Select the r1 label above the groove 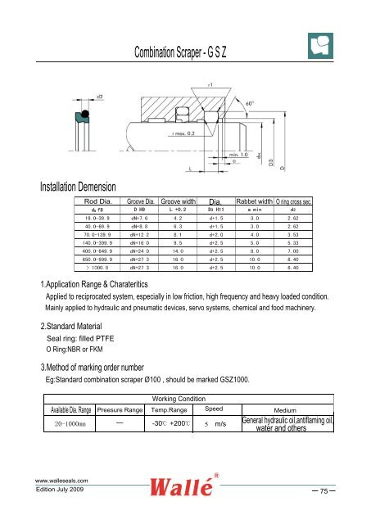210,84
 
